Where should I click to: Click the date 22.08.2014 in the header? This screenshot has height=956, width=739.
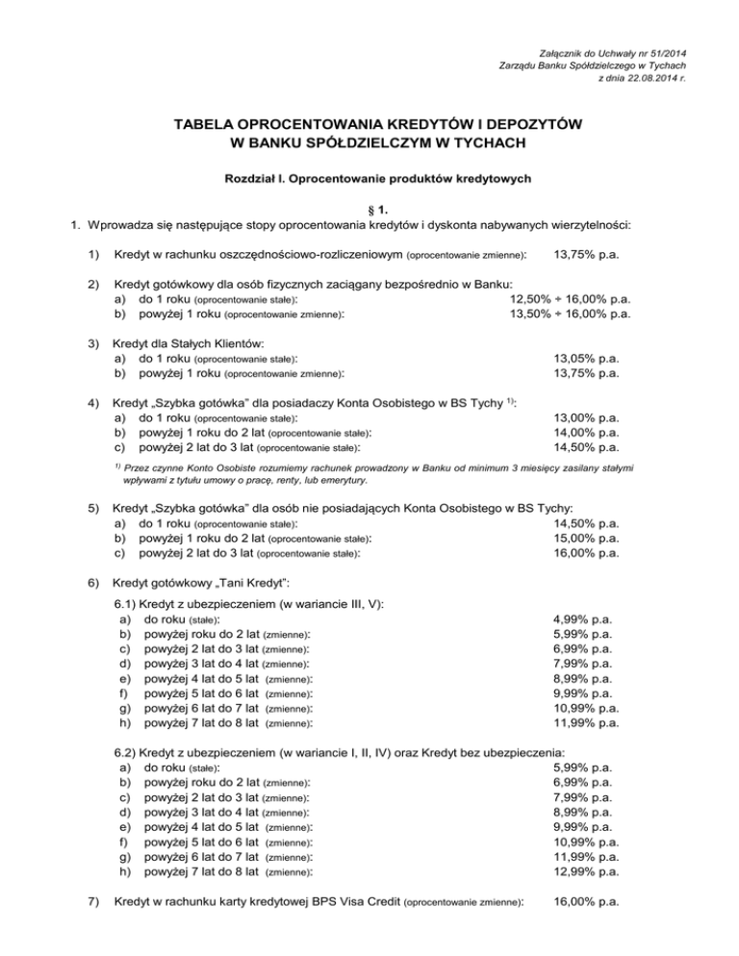pos(646,78)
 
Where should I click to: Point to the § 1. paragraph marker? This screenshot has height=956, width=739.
pos(369,209)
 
